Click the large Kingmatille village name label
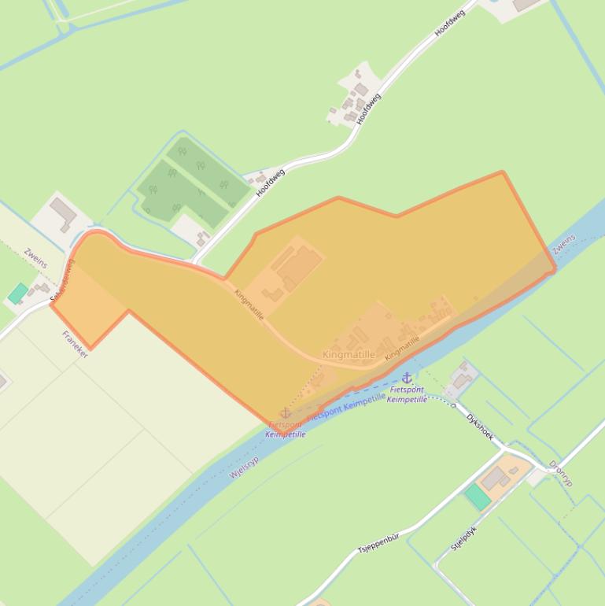click(x=348, y=355)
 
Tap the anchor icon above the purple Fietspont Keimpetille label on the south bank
click(x=407, y=378)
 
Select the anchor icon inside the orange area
click(x=286, y=413)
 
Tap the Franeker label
click(x=75, y=345)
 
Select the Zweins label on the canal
click(x=563, y=243)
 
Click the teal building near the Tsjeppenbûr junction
click(x=477, y=497)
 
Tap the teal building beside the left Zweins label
click(x=18, y=294)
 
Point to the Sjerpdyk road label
click(x=463, y=538)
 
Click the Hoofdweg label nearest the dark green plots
click(x=270, y=181)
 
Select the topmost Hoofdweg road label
click(x=450, y=23)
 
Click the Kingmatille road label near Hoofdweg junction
click(x=249, y=304)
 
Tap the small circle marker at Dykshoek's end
click(x=453, y=405)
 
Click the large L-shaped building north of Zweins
click(x=63, y=212)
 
